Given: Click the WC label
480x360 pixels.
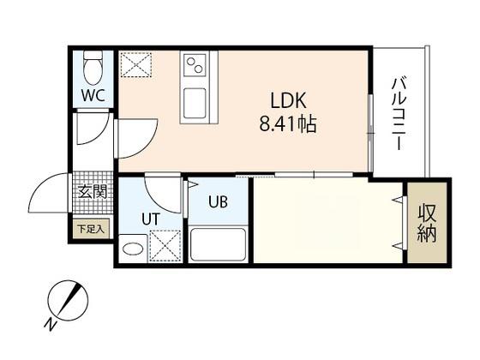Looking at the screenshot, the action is (93, 95).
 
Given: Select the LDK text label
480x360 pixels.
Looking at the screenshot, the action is (288, 101).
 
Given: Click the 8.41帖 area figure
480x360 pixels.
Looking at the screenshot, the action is (287, 124).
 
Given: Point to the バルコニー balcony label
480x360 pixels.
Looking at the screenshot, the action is (399, 114).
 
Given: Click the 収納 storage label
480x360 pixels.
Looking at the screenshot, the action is (427, 223).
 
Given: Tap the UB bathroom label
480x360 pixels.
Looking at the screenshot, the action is (218, 201).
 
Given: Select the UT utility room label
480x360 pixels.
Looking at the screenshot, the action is (151, 219).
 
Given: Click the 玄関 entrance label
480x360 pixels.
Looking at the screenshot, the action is (93, 192).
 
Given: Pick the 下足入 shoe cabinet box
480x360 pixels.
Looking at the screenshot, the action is (91, 229).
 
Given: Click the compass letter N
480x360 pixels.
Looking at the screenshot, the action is (51, 324).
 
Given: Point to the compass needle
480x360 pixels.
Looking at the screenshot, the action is (69, 300).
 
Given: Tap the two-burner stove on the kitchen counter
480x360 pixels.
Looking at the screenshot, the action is (195, 65).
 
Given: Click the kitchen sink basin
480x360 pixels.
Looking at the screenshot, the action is (195, 104).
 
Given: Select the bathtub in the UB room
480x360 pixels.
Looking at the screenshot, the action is (219, 245).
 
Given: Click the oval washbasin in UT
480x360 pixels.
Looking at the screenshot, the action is (133, 249).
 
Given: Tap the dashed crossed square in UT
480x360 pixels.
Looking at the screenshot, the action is (165, 246).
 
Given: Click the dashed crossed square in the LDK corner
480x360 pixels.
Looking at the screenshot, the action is (136, 64).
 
